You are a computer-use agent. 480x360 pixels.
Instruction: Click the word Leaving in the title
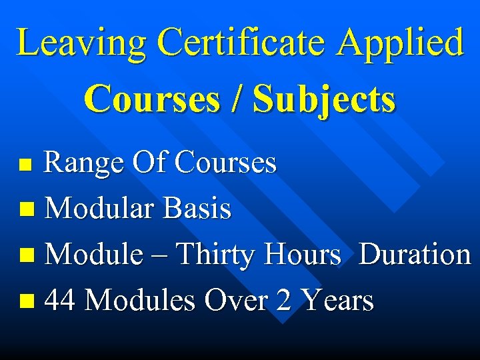click(81, 43)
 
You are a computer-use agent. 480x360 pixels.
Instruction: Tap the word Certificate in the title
click(241, 43)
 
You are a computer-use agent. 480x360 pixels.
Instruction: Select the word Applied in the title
click(399, 43)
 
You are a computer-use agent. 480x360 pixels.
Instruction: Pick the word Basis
click(197, 209)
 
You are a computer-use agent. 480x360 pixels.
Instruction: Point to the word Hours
click(302, 255)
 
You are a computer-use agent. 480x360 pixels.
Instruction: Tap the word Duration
click(414, 255)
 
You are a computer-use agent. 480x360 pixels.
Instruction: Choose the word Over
click(235, 301)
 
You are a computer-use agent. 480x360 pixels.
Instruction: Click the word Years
click(338, 301)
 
